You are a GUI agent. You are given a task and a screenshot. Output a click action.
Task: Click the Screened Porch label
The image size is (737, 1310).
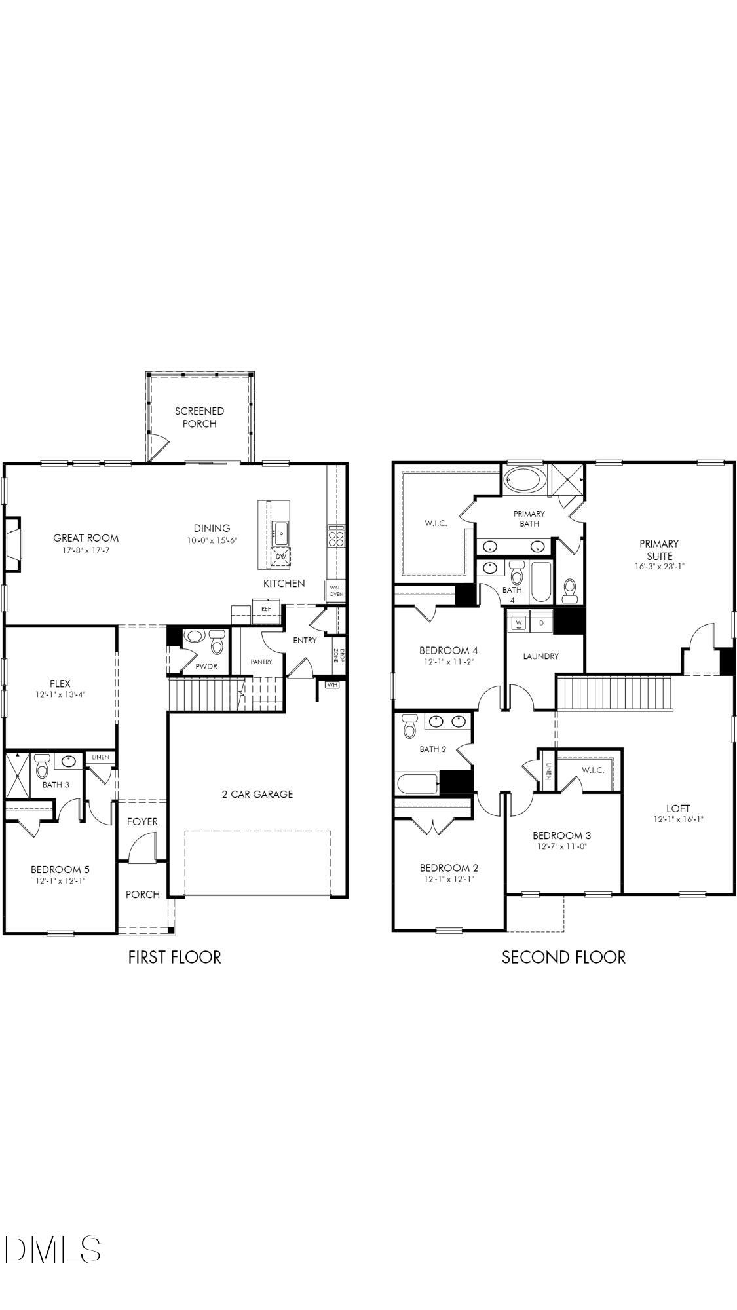pos(199,417)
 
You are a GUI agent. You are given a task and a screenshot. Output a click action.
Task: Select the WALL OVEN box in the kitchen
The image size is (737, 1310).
pos(336,591)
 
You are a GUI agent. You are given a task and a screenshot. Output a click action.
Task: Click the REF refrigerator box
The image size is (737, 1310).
pos(266,608)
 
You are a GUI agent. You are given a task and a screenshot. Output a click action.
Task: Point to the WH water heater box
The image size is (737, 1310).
pos(332,684)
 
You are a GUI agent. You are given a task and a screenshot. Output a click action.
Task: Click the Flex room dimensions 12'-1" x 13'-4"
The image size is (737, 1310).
pos(60,694)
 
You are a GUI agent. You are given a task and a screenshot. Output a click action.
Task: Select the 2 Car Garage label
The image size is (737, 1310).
pos(257,794)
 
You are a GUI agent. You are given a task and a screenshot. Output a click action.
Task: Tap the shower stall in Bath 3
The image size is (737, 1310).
pos(17,776)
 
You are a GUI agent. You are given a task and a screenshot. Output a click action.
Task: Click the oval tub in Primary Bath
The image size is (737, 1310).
pos(524,480)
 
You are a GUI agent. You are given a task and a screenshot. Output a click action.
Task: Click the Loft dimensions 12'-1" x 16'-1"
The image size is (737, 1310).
pos(678,819)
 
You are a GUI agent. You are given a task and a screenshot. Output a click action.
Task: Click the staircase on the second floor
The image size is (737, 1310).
pos(614,692)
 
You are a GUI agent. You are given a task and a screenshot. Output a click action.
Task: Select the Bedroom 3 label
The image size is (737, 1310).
pos(561,835)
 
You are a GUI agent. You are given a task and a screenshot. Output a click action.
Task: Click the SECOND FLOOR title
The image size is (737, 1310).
pos(563,957)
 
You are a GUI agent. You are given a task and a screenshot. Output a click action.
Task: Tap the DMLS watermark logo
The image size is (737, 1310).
pos(52,1249)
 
